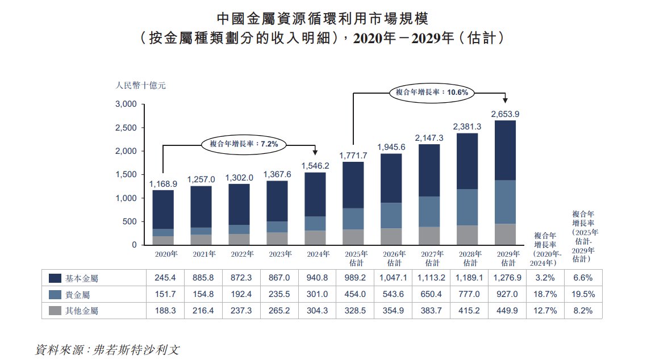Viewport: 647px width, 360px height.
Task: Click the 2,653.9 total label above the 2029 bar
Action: coord(505,114)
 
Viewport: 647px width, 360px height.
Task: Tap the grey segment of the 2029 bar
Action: coord(505,234)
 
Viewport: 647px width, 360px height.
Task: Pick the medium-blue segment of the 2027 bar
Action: coord(429,211)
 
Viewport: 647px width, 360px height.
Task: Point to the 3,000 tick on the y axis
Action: coord(126,104)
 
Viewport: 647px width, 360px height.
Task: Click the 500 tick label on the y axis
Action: coord(130,221)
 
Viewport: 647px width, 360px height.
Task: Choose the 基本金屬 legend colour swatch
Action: coord(55,278)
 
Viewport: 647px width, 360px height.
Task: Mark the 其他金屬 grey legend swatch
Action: coord(55,311)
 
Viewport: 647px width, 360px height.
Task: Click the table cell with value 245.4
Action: coord(164,278)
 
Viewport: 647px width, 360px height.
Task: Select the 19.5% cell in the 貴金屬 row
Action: coord(583,295)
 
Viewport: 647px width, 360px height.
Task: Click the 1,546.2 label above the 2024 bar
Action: coord(316,166)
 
